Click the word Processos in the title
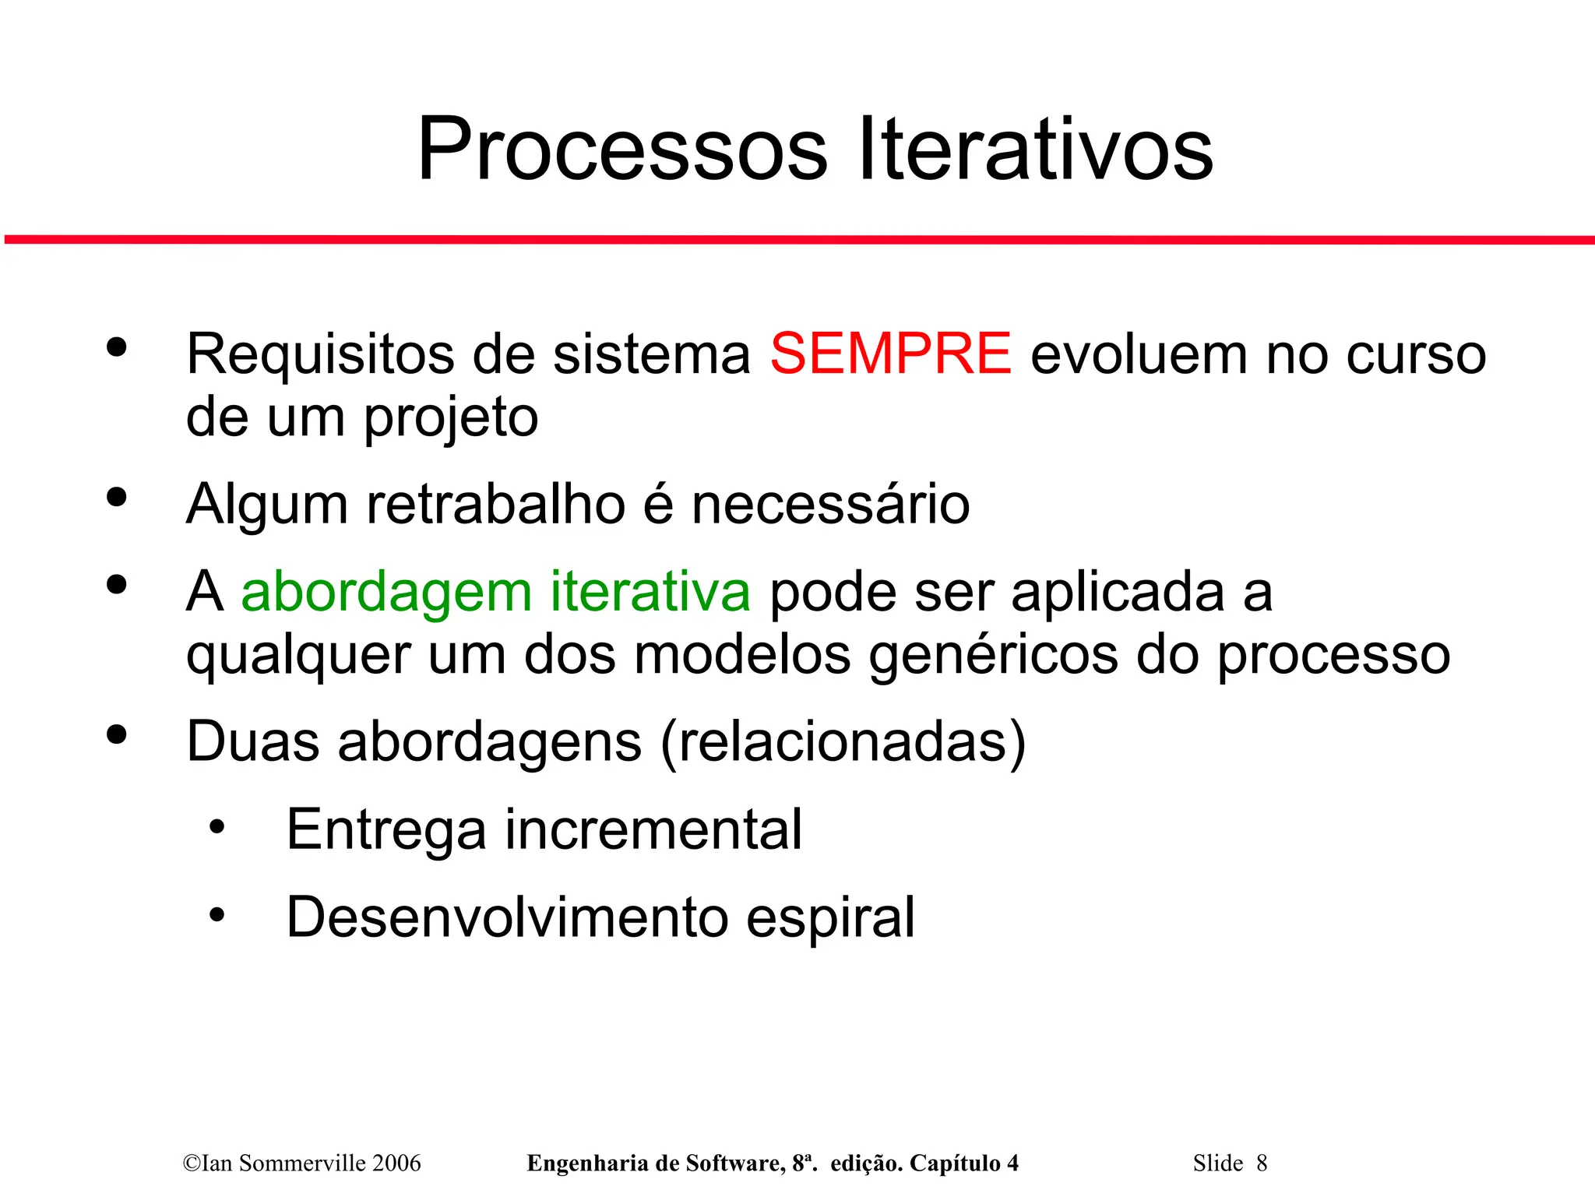pos(622,150)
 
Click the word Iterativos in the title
pos(1035,150)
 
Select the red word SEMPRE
pos(890,354)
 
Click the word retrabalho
pos(496,504)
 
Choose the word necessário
pos(830,504)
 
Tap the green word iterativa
pos(650,591)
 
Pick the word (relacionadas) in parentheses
pos(843,742)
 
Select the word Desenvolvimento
pos(507,917)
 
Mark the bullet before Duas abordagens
pos(117,734)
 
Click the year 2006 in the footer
pos(396,1164)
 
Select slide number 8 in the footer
pos(1262,1164)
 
